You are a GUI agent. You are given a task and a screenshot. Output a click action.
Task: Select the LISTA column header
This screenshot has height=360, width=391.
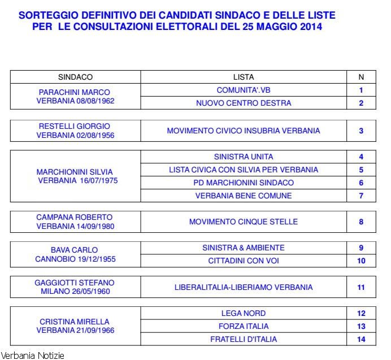tap(244, 77)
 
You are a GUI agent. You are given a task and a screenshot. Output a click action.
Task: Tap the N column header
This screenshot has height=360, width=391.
tap(362, 77)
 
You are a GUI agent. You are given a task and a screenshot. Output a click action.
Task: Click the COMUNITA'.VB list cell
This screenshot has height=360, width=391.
tap(244, 90)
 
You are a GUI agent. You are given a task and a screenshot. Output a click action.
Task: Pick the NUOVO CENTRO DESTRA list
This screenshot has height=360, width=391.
tap(244, 103)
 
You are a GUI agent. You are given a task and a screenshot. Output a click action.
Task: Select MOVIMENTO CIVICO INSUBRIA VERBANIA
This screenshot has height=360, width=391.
tap(244, 131)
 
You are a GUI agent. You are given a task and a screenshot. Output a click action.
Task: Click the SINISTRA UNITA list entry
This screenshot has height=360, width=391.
tap(244, 157)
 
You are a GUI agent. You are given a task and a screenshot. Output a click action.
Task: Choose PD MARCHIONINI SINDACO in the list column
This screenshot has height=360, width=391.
tap(244, 183)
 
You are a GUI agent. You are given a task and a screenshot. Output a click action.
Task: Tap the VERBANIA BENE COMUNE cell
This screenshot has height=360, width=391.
tap(244, 196)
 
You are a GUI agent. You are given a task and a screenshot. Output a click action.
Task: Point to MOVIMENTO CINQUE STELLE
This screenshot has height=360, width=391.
tap(244, 222)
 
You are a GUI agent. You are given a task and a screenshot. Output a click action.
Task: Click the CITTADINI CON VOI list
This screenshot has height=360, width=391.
tap(244, 261)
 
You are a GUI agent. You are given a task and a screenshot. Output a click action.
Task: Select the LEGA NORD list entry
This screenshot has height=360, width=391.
tap(244, 313)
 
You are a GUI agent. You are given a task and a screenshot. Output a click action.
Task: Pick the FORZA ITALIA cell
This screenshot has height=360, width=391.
tap(244, 326)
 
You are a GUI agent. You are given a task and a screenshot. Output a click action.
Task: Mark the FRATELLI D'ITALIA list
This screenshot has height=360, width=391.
tap(244, 339)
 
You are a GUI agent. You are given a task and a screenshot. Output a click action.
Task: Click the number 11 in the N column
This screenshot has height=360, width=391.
tap(362, 287)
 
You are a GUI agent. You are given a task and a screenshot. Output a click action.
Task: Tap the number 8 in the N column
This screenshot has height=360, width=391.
tap(362, 222)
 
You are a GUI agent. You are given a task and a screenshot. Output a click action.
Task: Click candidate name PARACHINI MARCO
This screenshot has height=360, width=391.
tap(75, 92)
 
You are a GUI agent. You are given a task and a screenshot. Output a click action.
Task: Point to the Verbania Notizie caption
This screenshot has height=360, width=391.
tap(32, 355)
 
